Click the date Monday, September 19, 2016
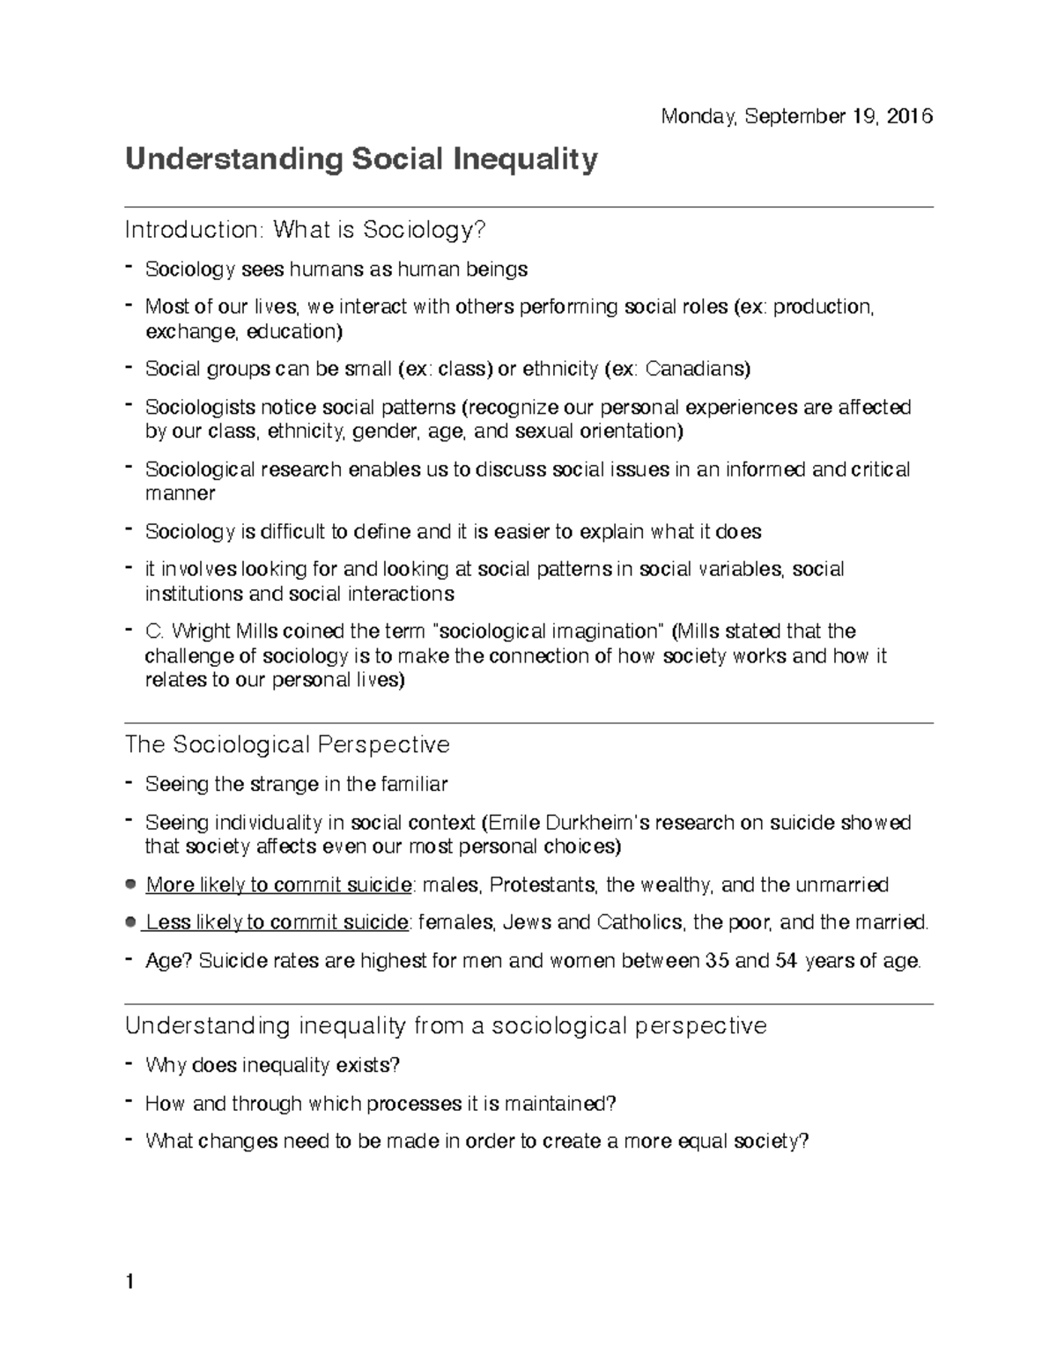point(797,116)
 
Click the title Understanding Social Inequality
point(361,159)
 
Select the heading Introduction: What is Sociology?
point(305,230)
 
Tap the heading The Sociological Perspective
point(287,744)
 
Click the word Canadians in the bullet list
point(698,369)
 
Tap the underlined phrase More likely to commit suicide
point(278,884)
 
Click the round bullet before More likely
point(130,884)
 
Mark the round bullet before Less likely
point(130,921)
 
